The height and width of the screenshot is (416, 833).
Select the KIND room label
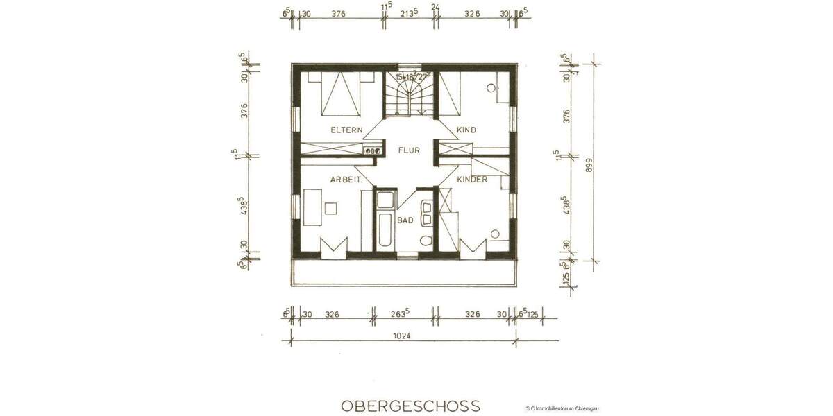(466, 130)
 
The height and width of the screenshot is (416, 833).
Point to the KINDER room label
(472, 180)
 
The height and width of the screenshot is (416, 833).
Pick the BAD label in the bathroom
(405, 220)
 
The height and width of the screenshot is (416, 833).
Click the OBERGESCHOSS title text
(410, 405)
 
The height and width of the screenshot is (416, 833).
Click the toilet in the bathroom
(426, 241)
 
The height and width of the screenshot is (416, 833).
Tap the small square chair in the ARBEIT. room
(331, 207)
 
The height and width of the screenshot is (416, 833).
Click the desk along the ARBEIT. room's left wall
(310, 208)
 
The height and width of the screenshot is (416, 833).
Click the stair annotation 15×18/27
(412, 77)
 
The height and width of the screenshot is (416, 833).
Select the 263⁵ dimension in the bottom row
(402, 314)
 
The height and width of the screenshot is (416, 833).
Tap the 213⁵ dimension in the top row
(408, 12)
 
